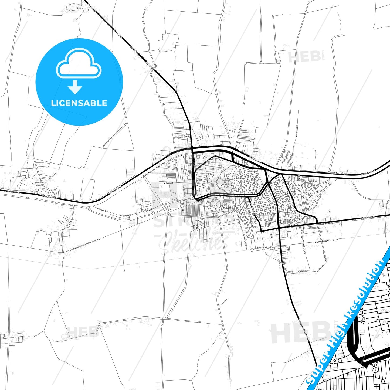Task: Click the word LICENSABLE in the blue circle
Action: coord(79,103)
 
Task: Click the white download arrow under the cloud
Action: coord(75,87)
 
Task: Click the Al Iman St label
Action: coord(168,183)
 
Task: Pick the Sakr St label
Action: coord(210,161)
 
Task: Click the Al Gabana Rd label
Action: coord(296,131)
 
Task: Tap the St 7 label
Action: coord(283,263)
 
